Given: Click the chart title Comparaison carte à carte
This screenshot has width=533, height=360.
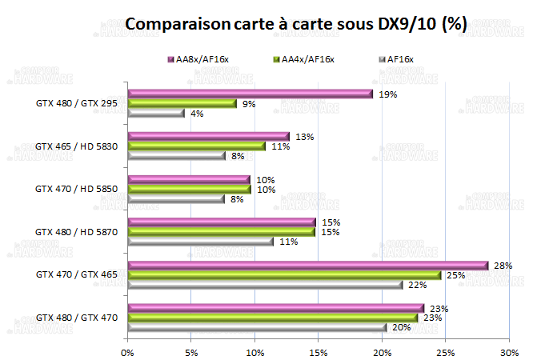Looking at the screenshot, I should click(x=296, y=24).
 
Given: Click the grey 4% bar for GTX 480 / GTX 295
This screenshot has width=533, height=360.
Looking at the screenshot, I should click(x=155, y=113).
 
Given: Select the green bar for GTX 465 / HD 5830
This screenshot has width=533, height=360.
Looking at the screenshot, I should click(x=196, y=146).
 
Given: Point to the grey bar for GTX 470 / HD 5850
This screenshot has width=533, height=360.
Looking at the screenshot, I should click(x=175, y=199).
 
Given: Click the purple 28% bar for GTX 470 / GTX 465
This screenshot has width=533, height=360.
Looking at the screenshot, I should click(x=307, y=266).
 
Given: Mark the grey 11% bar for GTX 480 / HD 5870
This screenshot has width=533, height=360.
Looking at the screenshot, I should click(x=199, y=242).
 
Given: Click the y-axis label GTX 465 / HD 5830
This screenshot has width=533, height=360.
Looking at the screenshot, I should click(x=77, y=146).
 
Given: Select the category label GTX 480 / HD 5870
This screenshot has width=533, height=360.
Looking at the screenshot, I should click(x=77, y=232).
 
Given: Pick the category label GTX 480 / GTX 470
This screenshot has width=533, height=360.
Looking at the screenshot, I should click(x=77, y=318).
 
